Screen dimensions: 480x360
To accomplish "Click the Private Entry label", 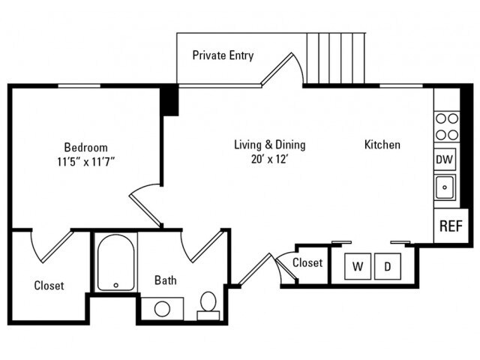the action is coord(223,55).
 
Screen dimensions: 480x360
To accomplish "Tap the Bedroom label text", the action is coord(85,147).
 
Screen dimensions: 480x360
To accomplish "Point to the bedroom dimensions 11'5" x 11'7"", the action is coord(85,161).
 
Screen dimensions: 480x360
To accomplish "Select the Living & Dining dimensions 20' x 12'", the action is coord(270,159).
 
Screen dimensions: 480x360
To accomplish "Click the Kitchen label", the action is coord(382,145).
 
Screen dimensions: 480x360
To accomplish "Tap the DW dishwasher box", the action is coord(445,159).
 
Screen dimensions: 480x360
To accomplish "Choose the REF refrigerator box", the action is coord(451,226).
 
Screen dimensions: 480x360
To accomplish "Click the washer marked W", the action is coord(358,266).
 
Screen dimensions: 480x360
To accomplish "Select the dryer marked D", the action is coord(388,266).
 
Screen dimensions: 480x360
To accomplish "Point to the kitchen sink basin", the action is coord(445,187).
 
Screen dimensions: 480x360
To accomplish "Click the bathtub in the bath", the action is coord(115,262).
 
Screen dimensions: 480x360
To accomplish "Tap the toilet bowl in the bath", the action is coord(208,301).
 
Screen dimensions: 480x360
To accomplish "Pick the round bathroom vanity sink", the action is coord(162,309).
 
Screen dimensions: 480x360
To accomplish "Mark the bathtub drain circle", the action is coord(116,285).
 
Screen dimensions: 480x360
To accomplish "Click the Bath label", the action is coord(165,280).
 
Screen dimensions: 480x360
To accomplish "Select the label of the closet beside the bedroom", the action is coord(49,286).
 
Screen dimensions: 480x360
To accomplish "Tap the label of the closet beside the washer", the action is coord(307,262).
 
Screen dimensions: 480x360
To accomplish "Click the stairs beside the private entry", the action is coord(336,58).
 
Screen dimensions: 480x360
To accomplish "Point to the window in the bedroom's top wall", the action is coord(79,85).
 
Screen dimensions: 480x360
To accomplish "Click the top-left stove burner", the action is coord(441,118).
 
